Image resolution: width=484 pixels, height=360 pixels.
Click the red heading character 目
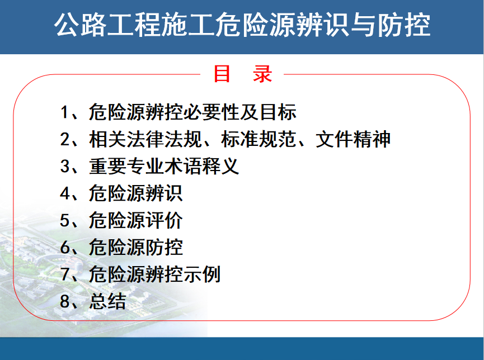tap(222, 74)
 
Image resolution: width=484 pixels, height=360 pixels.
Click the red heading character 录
tap(262, 74)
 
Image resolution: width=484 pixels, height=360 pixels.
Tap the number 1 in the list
tap(64, 112)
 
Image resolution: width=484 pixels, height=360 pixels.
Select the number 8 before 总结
tap(65, 301)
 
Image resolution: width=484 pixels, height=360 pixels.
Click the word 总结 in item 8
tap(108, 301)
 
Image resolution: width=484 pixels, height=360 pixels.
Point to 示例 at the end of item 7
tap(202, 274)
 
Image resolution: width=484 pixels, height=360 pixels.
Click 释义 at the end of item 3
tap(220, 166)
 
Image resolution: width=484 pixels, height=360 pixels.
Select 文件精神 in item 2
tap(353, 139)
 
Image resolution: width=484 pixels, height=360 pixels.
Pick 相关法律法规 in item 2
tap(145, 139)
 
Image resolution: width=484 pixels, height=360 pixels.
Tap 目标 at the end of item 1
tap(278, 112)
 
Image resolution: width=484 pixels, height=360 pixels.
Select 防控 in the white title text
tap(404, 25)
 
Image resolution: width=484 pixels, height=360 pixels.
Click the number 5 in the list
tap(65, 221)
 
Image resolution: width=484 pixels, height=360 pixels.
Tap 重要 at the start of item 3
tap(108, 166)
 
